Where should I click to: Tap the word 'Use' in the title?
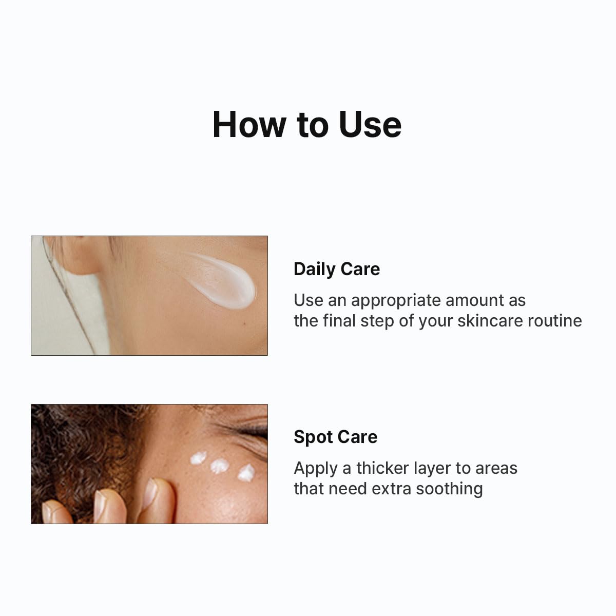370,124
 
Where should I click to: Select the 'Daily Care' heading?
337,269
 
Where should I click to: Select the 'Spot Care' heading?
335,437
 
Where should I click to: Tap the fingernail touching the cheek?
150,490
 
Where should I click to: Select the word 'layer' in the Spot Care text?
430,468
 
